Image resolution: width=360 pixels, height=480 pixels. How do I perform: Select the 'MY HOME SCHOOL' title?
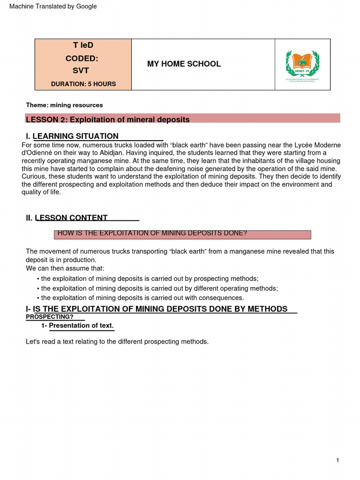coord(184,64)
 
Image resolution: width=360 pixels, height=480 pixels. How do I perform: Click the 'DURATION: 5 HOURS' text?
coord(83,84)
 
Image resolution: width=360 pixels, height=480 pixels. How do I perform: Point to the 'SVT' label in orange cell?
coord(80,71)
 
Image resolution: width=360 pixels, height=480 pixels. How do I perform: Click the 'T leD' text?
coord(83,45)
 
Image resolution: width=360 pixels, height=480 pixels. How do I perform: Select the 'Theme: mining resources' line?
coord(64,105)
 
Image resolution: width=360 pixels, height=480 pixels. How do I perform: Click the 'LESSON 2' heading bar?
coord(183,120)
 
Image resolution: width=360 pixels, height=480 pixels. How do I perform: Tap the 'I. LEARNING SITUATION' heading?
coord(72,136)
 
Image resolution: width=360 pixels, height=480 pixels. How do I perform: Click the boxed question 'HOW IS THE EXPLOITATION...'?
coord(182,233)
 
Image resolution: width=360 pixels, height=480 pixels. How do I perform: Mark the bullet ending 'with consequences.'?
coord(141,298)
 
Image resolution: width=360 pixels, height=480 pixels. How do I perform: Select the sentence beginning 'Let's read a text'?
coord(117,342)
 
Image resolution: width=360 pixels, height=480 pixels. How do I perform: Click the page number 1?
coord(337,461)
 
